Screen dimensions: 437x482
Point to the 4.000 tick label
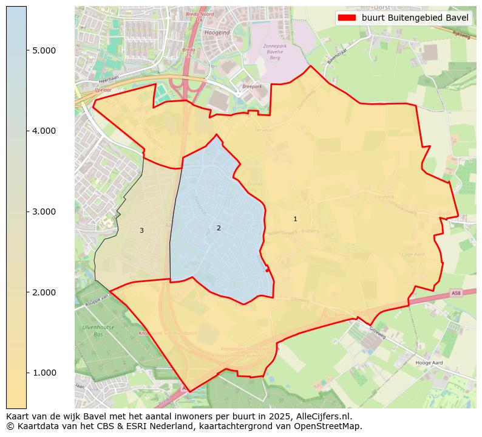click(x=44, y=131)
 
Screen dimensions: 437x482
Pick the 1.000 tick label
click(x=44, y=373)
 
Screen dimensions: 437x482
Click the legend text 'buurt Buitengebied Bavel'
click(x=415, y=18)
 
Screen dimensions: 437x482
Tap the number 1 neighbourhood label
click(x=295, y=219)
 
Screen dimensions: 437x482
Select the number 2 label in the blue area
click(x=219, y=228)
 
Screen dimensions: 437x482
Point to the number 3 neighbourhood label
click(x=141, y=230)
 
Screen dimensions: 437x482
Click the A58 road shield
click(x=456, y=294)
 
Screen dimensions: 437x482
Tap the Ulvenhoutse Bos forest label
click(x=94, y=331)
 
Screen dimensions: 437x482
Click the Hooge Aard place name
click(x=429, y=362)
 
